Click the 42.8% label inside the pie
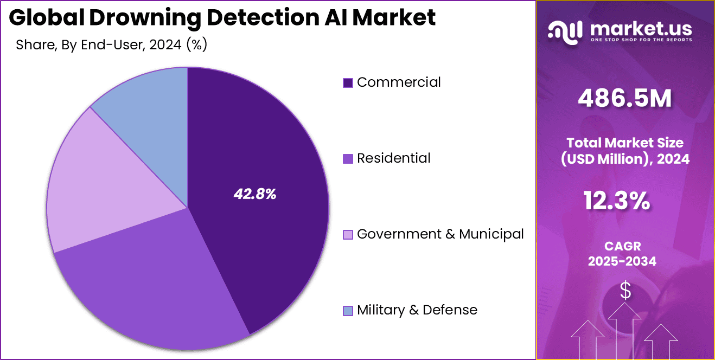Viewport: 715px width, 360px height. coord(255,194)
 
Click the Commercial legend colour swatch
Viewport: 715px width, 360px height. coord(348,83)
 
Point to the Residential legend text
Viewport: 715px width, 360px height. coord(394,158)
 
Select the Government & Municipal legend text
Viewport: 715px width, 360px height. coord(441,234)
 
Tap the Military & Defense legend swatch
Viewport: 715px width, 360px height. coord(348,311)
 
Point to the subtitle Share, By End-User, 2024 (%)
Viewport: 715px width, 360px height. coord(112,44)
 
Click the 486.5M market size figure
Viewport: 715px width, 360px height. coord(625,98)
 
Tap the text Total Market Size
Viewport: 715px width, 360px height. coord(625,143)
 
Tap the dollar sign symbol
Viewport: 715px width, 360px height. coord(625,291)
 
